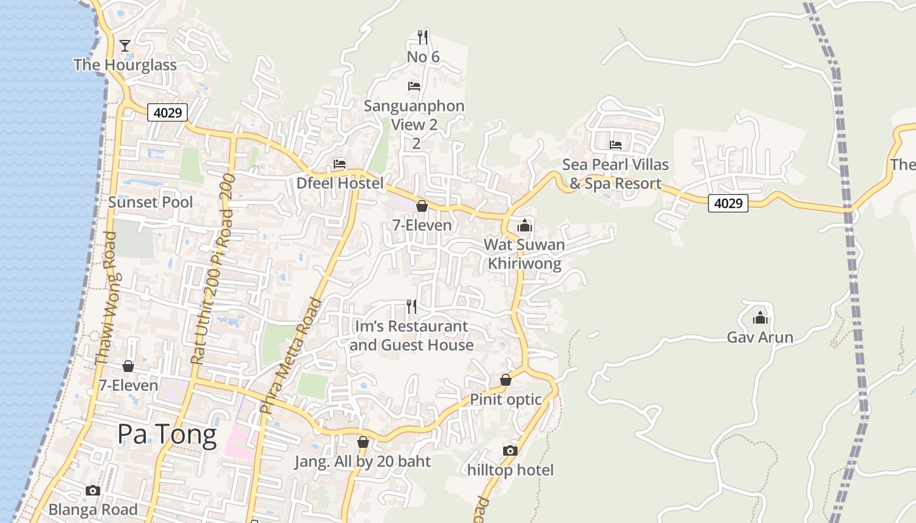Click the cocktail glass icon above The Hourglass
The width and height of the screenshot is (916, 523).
click(125, 45)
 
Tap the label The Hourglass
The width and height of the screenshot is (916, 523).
click(125, 65)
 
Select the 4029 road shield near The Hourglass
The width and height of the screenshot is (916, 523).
click(167, 112)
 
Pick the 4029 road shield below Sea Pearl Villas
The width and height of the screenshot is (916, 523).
click(728, 203)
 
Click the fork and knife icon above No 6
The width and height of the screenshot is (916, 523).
click(423, 37)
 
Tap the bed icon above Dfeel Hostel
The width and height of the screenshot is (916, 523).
click(340, 163)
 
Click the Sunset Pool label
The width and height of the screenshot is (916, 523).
click(150, 202)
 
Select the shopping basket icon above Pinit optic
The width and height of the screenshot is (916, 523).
click(505, 380)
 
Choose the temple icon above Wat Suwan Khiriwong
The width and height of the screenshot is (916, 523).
click(524, 226)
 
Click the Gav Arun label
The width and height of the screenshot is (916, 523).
click(760, 337)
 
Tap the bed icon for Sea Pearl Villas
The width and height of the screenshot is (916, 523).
click(615, 144)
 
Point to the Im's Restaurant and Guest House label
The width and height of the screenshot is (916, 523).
click(412, 335)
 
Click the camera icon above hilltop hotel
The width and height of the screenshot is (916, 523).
click(510, 450)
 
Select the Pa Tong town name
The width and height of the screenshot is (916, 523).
click(167, 435)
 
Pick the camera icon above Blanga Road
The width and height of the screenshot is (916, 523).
click(93, 490)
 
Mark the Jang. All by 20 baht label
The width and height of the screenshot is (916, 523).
click(362, 462)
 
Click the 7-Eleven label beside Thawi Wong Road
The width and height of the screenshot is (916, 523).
click(128, 385)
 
